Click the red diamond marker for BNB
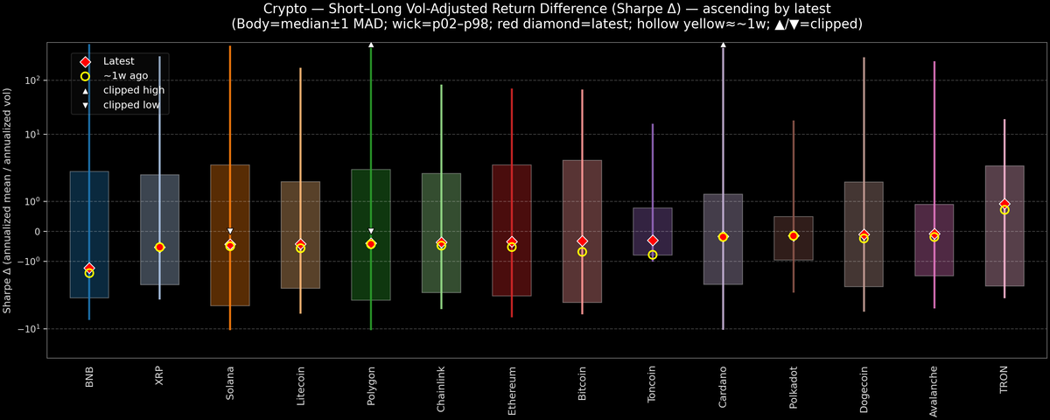(x=89, y=268)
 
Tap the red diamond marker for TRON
(x=1004, y=204)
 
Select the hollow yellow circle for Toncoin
(x=653, y=255)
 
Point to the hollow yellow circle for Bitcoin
(x=582, y=252)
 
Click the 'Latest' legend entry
(x=118, y=61)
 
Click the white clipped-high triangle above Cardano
(x=723, y=44)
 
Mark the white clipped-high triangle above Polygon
(x=371, y=44)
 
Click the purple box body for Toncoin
(x=653, y=223)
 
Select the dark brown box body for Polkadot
(x=794, y=249)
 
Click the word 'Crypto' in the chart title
(x=285, y=8)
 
